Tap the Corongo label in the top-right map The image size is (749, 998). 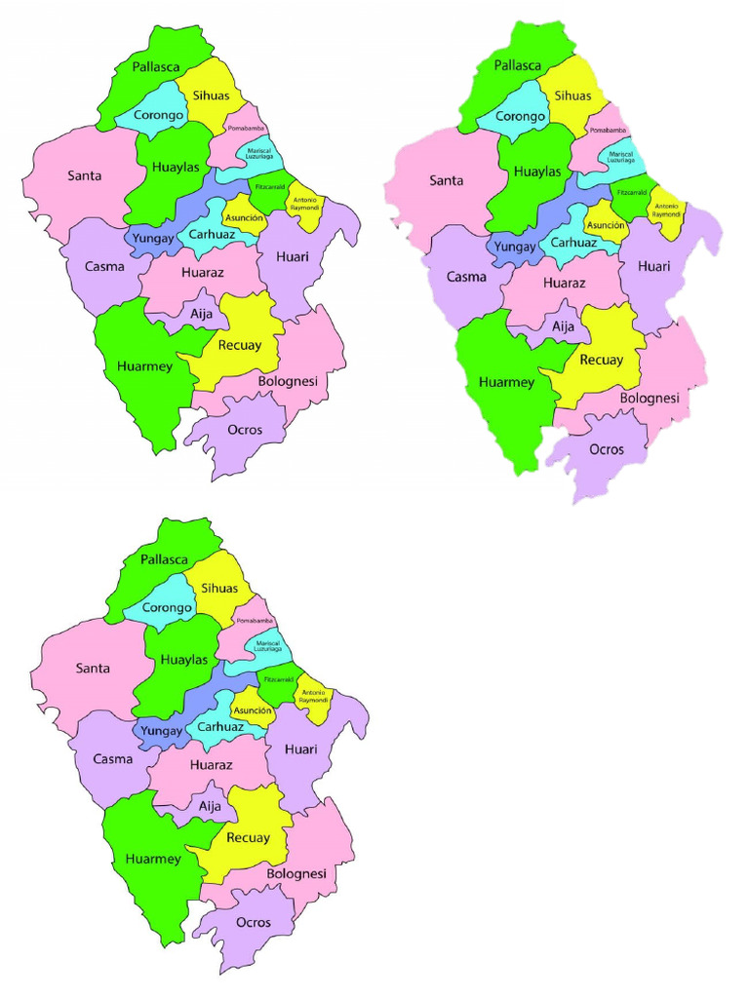pos(520,117)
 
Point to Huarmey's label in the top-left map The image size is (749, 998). pos(144,366)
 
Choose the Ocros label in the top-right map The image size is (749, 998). pos(607,449)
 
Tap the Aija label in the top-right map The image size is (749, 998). pos(565,328)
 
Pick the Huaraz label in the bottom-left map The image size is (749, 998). pos(212,765)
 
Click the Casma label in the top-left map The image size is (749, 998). pos(103,266)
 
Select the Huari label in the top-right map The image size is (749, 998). pos(653,266)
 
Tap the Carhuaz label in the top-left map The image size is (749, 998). pos(211,234)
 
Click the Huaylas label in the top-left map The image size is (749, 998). pos(176,168)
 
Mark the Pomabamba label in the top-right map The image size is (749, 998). pos(608,133)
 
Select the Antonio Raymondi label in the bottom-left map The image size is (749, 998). pos(314,697)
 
